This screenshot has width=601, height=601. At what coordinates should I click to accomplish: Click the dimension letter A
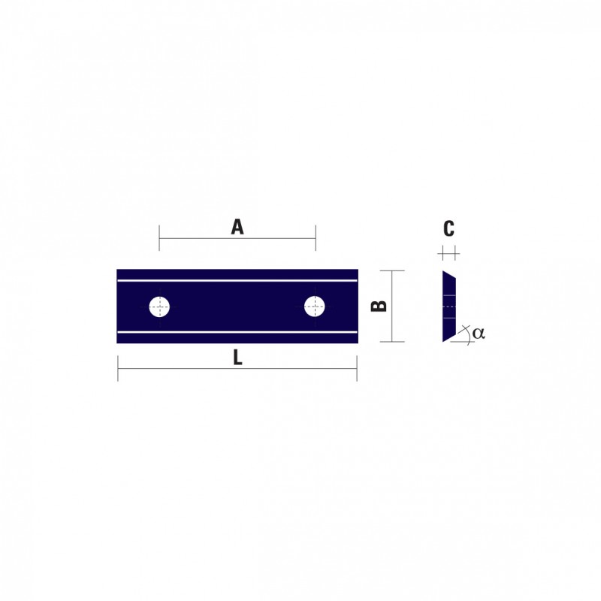click(x=237, y=227)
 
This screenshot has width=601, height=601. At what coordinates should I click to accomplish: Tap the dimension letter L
click(x=237, y=358)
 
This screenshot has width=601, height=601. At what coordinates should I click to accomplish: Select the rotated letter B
click(x=379, y=306)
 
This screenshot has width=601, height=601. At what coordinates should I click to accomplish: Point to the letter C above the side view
click(x=448, y=228)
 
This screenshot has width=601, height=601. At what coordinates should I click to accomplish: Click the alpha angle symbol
click(x=479, y=333)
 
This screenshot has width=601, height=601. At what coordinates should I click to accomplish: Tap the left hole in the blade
click(x=159, y=307)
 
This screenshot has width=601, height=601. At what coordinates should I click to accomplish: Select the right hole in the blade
click(x=315, y=307)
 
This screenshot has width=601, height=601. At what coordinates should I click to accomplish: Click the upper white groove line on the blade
click(x=237, y=280)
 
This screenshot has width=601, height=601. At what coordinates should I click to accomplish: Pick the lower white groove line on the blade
click(x=237, y=332)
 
